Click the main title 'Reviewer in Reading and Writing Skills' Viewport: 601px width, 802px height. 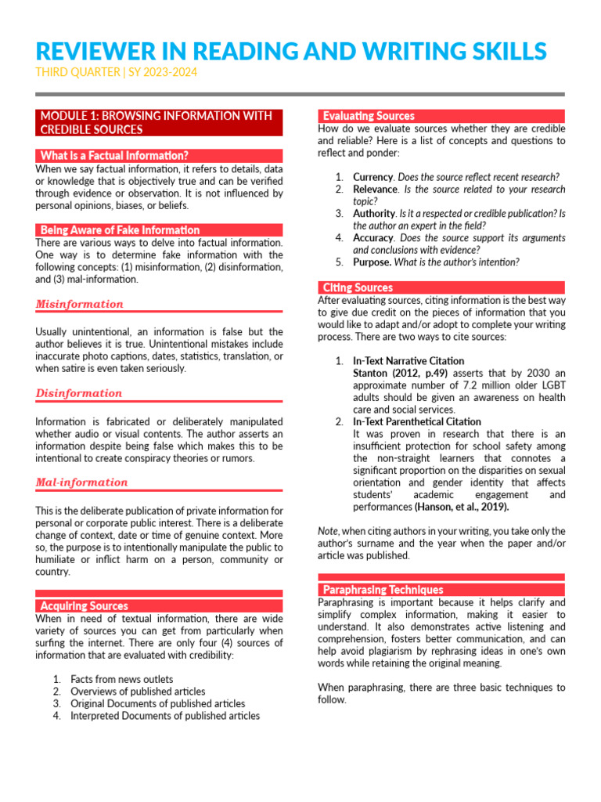(291, 51)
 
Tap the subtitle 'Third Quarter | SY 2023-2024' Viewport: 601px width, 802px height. (116, 73)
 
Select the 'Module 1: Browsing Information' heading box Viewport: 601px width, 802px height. (159, 123)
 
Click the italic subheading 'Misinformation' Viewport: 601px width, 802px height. (80, 305)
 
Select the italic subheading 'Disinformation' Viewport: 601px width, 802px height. (79, 394)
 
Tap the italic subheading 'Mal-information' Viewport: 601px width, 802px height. (82, 482)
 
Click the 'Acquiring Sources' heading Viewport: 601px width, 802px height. (84, 605)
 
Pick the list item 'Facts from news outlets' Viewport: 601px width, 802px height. (121, 679)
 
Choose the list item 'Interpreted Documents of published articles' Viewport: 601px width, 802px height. (165, 716)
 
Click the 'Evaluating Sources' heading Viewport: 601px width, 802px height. (369, 116)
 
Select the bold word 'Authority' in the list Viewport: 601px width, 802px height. (374, 213)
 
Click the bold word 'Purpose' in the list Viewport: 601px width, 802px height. (372, 262)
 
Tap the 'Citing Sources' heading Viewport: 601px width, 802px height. (358, 287)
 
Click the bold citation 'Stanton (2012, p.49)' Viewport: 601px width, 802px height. (401, 374)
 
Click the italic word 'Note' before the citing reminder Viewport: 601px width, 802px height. (328, 531)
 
